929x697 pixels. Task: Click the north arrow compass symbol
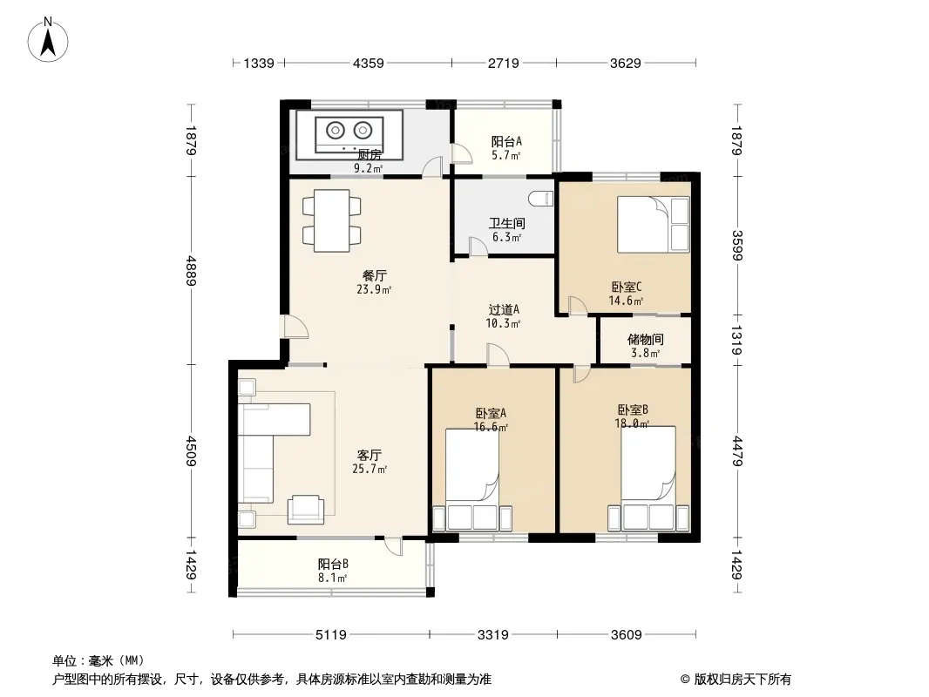(x=48, y=39)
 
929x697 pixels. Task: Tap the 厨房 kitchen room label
(x=370, y=155)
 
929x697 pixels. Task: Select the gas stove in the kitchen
(x=349, y=134)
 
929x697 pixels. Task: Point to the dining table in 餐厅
(x=332, y=220)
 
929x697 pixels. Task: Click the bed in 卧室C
(x=654, y=225)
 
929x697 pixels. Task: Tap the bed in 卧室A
(x=472, y=479)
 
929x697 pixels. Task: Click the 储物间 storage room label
(x=645, y=339)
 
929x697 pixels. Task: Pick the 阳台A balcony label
(x=506, y=141)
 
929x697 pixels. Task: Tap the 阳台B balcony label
(x=332, y=564)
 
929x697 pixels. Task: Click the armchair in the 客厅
(x=306, y=510)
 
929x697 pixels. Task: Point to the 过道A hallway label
(x=504, y=309)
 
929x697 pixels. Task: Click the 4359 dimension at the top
(x=369, y=63)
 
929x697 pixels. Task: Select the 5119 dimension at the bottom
(x=330, y=635)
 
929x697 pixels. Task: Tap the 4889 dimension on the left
(x=190, y=271)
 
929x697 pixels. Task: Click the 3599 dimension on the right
(x=737, y=245)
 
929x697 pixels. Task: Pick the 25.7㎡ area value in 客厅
(x=370, y=469)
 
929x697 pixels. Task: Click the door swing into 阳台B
(x=393, y=546)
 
